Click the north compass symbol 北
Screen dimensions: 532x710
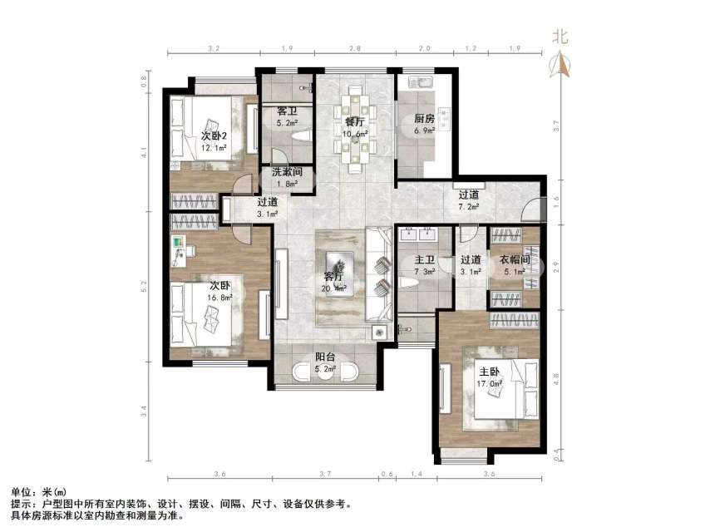click(x=563, y=37)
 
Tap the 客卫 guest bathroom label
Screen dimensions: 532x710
click(x=287, y=111)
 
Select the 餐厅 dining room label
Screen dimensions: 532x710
click(x=355, y=121)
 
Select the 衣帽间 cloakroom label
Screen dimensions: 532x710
click(x=513, y=259)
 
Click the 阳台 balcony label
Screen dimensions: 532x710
click(x=325, y=358)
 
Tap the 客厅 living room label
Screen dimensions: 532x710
click(x=334, y=278)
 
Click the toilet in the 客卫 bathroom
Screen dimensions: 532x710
click(x=303, y=136)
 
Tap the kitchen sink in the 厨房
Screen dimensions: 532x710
click(x=417, y=84)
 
